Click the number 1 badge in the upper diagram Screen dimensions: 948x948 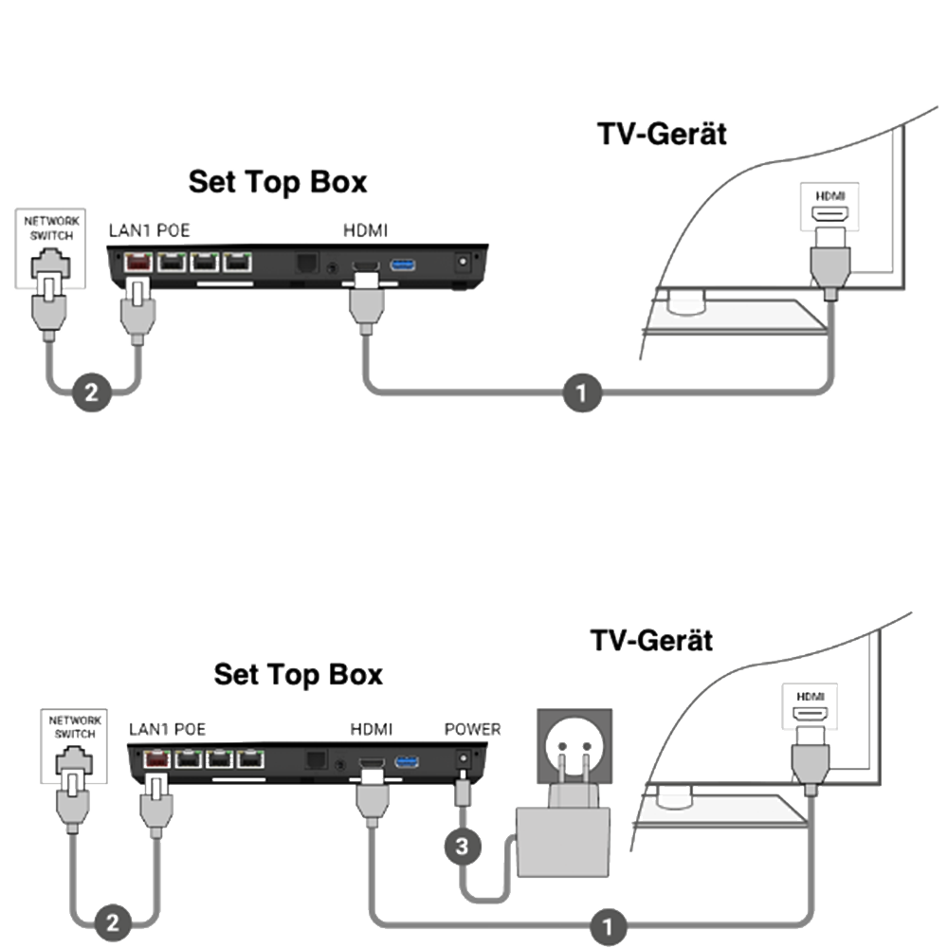(582, 392)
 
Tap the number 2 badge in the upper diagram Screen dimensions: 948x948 (91, 392)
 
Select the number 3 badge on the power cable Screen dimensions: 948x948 (462, 846)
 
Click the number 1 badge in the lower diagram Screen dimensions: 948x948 (608, 924)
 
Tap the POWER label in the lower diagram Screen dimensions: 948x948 (472, 729)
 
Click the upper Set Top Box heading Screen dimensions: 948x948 (277, 181)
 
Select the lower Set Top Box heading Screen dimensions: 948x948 (298, 674)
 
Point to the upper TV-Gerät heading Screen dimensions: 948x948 (662, 133)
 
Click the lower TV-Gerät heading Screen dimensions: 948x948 (651, 640)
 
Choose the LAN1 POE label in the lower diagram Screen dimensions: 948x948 (167, 729)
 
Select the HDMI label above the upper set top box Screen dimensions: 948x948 (365, 230)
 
